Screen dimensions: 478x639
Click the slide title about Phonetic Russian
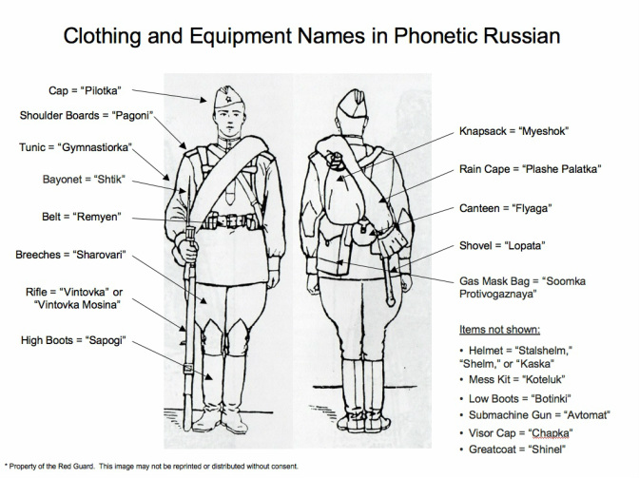point(319,36)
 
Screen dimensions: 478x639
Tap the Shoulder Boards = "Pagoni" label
point(87,117)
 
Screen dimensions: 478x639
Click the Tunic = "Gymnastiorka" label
point(75,148)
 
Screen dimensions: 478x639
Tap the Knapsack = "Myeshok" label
point(508,131)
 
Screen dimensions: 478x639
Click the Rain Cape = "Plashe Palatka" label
point(532,168)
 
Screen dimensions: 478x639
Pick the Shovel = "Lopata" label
point(504,245)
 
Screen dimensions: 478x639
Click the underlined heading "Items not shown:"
point(498,330)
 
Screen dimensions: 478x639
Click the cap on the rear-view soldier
point(342,99)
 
